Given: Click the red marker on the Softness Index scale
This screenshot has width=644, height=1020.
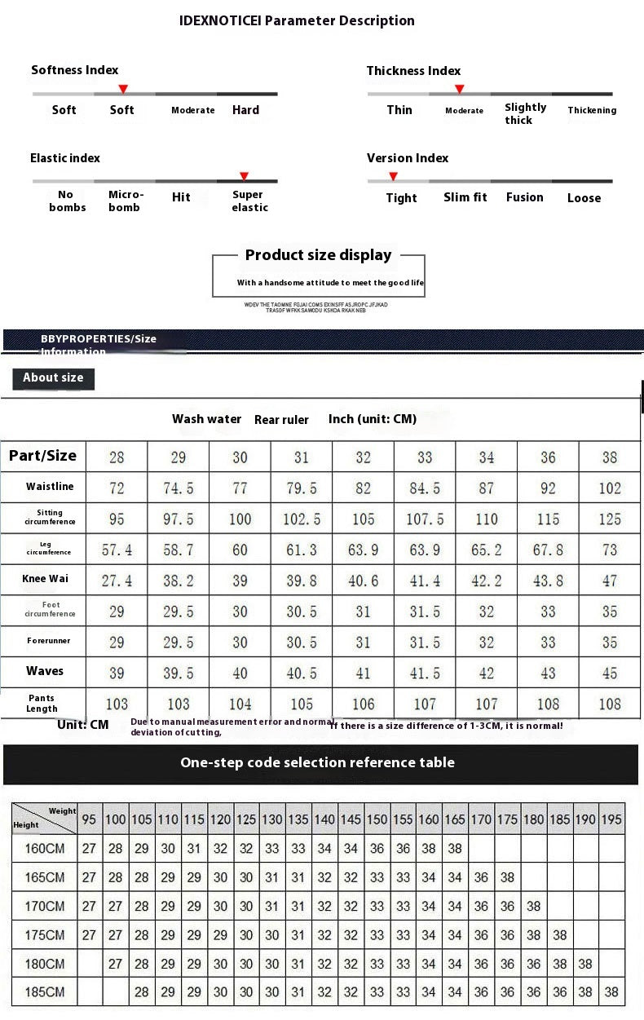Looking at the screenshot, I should [123, 88].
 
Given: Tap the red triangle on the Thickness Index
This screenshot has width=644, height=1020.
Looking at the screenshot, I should [459, 89].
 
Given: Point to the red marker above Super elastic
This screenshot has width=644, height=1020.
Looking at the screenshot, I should [244, 176].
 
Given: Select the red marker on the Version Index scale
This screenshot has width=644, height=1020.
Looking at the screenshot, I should [393, 176].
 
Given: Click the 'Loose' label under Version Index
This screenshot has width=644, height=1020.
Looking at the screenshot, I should [584, 198].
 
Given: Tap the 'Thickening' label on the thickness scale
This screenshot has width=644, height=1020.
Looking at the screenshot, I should [592, 110].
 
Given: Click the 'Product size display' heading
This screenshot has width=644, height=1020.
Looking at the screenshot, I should [319, 255].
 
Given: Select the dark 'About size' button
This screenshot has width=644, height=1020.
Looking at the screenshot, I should [54, 378].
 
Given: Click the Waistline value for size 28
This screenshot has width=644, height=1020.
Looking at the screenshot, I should [117, 488].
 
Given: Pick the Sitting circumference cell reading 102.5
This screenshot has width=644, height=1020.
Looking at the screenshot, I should [302, 519].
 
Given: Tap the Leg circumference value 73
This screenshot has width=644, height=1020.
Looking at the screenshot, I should [610, 550].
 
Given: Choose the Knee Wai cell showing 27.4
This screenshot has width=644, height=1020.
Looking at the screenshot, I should [117, 581].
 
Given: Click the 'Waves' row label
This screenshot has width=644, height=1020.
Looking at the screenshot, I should [44, 671].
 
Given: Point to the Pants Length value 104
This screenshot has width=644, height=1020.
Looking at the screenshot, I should [240, 704].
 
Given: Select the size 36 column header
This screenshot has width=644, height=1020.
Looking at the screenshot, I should [548, 457].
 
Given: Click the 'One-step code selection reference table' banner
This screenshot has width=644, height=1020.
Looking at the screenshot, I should [317, 763].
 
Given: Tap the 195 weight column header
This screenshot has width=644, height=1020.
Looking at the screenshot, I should [611, 819].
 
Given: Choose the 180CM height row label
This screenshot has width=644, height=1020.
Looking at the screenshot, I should [44, 964].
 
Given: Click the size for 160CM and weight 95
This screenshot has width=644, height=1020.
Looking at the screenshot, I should [89, 848].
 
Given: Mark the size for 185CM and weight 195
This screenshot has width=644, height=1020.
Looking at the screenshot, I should [611, 992].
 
